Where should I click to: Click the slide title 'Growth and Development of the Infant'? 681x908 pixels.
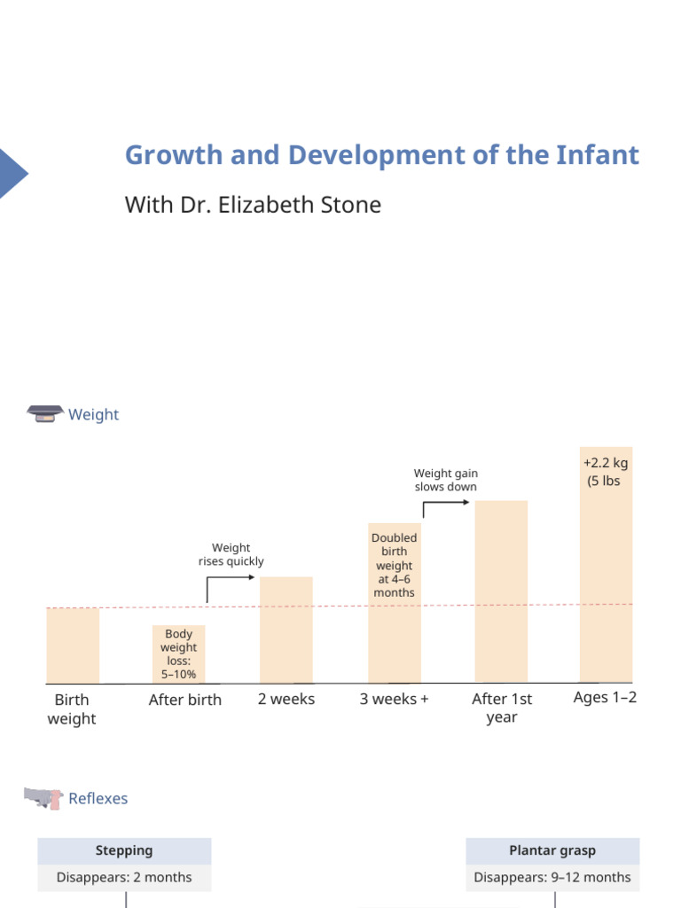click(x=381, y=155)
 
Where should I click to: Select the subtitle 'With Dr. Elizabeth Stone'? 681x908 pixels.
click(x=253, y=205)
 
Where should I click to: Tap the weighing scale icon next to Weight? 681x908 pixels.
click(x=45, y=414)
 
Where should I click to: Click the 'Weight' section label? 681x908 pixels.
click(x=93, y=415)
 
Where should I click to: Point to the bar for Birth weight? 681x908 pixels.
click(x=73, y=646)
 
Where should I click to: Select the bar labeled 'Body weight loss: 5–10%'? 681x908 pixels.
click(x=178, y=654)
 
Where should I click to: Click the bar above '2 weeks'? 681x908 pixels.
click(x=286, y=630)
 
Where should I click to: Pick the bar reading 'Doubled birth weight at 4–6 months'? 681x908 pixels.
click(x=394, y=603)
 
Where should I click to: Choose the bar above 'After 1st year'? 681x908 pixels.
click(x=501, y=591)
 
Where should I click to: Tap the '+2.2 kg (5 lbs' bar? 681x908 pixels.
click(x=606, y=564)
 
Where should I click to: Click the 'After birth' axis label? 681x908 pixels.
click(x=184, y=700)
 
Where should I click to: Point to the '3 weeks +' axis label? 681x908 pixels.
click(x=394, y=699)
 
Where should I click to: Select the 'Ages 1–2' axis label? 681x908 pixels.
click(x=605, y=698)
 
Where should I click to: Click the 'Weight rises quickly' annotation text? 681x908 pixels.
click(x=231, y=554)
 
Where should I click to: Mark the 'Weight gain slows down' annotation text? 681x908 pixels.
click(x=445, y=480)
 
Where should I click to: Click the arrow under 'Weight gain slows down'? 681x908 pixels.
click(x=446, y=505)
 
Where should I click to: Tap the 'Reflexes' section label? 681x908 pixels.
click(x=98, y=799)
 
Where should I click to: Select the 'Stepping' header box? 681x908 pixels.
click(x=124, y=850)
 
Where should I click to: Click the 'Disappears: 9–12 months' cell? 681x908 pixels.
click(x=552, y=877)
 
